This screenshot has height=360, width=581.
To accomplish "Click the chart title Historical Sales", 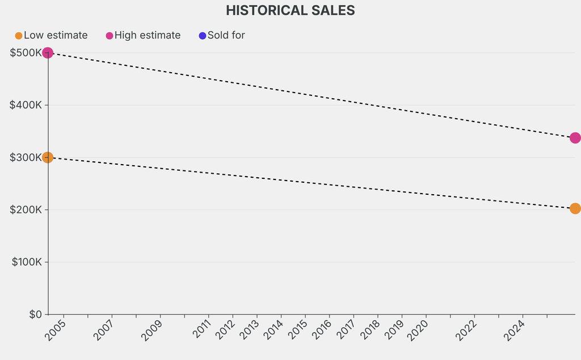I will (x=290, y=10).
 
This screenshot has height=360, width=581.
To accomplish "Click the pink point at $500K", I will (x=48, y=53).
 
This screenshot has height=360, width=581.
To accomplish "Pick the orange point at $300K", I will (x=48, y=157).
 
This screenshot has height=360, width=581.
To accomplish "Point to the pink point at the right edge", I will (x=575, y=138).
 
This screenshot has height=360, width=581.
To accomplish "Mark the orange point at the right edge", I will (x=575, y=208).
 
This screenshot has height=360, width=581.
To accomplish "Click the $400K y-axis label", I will (x=26, y=105).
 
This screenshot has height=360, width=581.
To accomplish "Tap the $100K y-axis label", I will (x=26, y=262).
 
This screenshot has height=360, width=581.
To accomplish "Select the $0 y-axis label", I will (x=35, y=314).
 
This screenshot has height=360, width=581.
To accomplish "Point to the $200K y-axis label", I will (x=26, y=210).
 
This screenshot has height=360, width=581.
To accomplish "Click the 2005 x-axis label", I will (x=56, y=330).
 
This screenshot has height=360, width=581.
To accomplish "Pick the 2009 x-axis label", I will (x=152, y=330).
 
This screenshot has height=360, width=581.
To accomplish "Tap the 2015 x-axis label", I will (x=297, y=330).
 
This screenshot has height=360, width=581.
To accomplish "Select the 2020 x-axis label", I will (x=418, y=330).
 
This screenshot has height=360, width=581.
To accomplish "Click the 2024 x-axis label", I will (x=515, y=330).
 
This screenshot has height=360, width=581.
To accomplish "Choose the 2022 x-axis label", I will (x=466, y=330).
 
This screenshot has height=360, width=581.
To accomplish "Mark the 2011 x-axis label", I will (x=201, y=330).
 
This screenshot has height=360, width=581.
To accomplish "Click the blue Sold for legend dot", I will (x=203, y=36).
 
